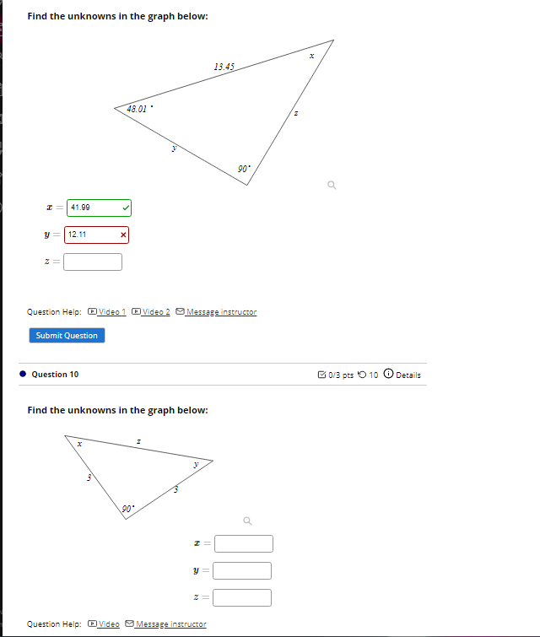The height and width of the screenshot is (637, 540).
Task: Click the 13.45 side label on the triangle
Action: click(224, 66)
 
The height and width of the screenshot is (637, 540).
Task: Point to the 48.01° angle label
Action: click(138, 109)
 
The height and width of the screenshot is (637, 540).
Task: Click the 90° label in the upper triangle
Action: click(244, 170)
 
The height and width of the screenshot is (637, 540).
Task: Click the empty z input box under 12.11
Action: click(93, 262)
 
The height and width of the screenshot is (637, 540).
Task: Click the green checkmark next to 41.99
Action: click(125, 207)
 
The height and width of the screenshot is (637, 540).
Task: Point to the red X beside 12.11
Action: click(123, 235)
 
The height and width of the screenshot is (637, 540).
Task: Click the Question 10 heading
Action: click(55, 375)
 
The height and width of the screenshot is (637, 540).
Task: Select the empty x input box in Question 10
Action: click(243, 543)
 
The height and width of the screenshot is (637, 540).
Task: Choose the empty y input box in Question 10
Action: click(243, 571)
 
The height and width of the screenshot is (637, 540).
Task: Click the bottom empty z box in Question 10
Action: click(243, 598)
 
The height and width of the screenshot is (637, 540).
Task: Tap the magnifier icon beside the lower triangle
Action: click(247, 519)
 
